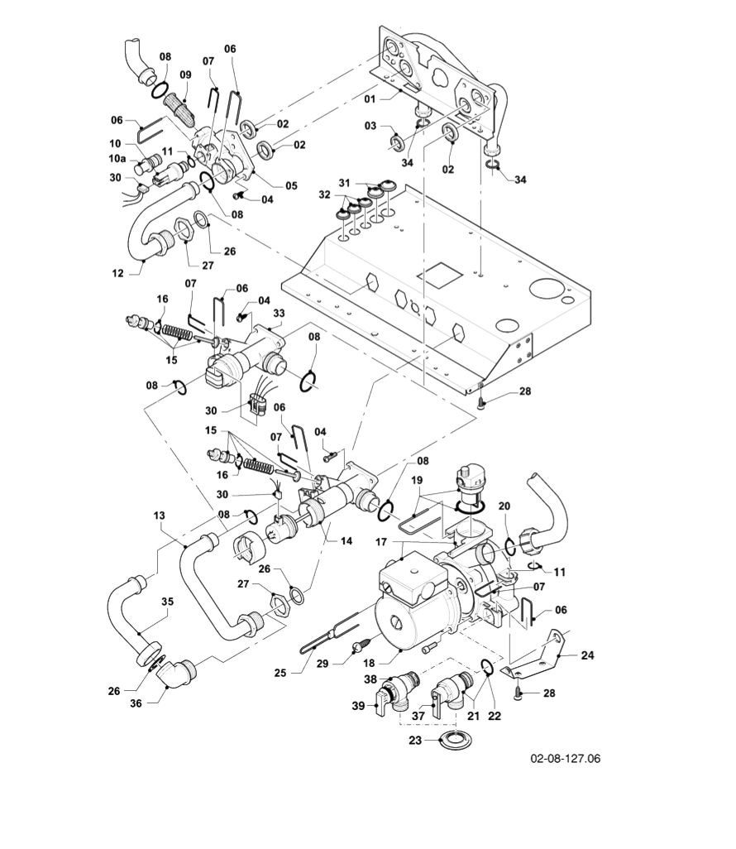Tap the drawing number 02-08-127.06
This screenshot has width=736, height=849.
click(566, 758)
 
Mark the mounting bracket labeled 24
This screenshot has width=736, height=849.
click(546, 654)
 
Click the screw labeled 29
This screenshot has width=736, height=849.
click(361, 645)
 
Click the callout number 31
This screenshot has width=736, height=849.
click(344, 182)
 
